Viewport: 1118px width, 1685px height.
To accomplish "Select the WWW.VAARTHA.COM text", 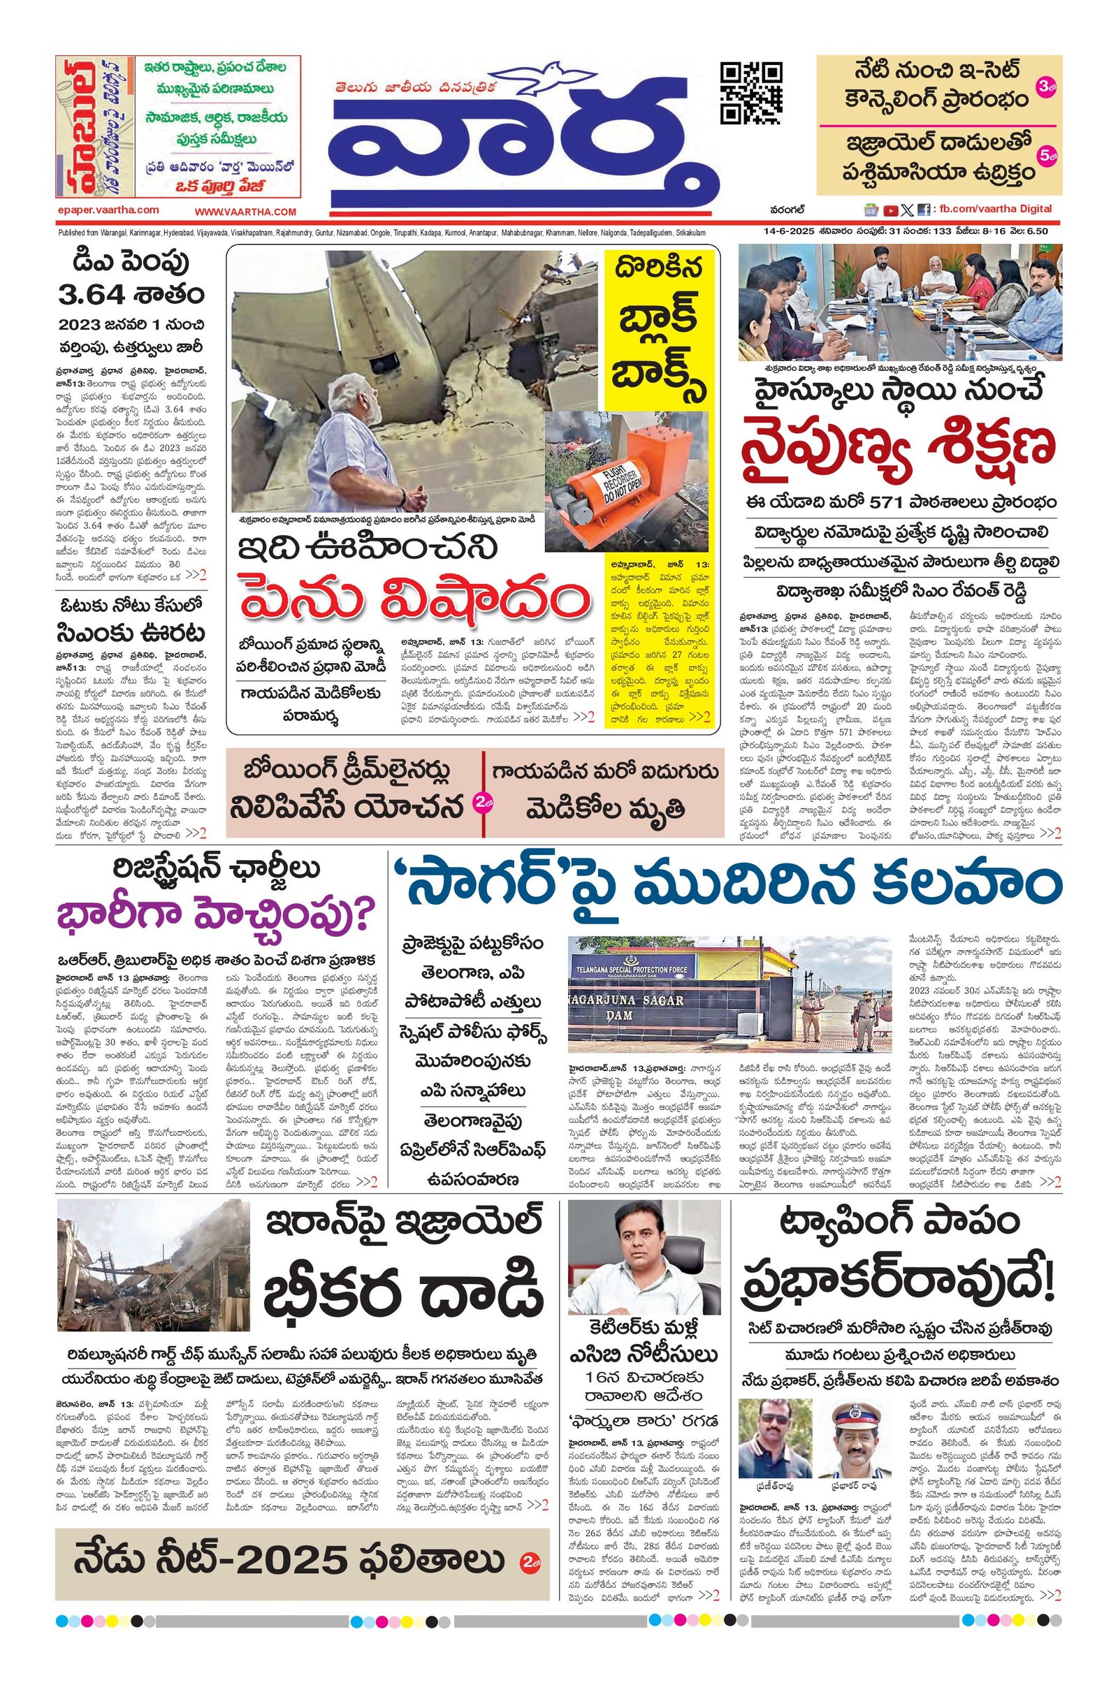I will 245,212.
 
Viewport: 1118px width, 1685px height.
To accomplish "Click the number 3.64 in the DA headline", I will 93,293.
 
